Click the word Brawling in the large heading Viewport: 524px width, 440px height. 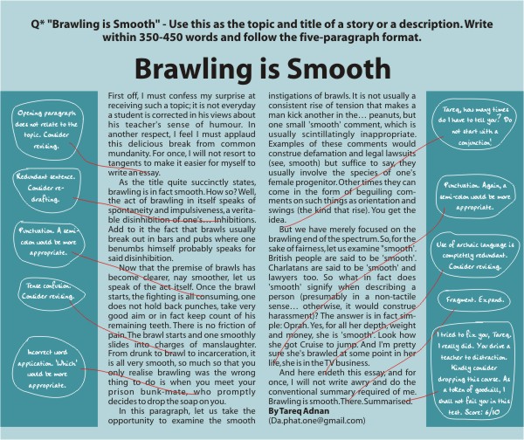(193, 69)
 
